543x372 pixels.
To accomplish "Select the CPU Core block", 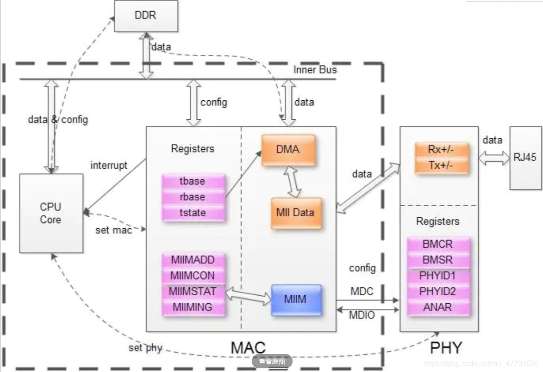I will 51,213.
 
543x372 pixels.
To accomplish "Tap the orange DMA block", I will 288,150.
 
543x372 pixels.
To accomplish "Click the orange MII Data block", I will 295,213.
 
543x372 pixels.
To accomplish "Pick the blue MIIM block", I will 296,299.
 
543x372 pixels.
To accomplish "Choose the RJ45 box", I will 525,158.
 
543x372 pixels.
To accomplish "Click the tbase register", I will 193,181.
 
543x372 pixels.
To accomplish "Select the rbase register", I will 193,197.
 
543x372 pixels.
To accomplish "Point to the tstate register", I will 193,213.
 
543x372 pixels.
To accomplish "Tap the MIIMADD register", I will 193,260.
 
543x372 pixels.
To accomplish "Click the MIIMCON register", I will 193,275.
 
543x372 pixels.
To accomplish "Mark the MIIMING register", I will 193,307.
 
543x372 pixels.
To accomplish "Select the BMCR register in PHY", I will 438,244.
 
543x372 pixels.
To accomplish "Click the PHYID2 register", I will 438,291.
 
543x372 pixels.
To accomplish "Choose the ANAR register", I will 438,307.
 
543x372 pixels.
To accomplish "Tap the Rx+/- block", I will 442,150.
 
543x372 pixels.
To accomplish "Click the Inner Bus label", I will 315,70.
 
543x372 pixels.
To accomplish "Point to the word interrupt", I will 109,165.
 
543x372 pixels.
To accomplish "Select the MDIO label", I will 362,316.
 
